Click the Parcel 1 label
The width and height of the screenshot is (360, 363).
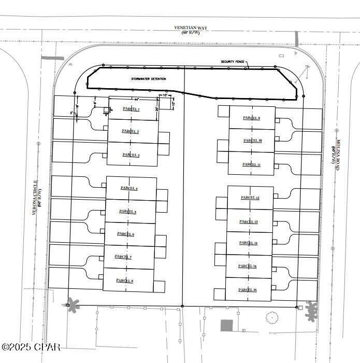pos(131,109)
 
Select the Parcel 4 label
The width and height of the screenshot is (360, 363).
pos(129,188)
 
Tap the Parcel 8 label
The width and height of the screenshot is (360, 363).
pos(125,281)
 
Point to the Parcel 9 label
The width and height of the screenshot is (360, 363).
pos(251,118)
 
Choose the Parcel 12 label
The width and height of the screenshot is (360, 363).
pos(250,198)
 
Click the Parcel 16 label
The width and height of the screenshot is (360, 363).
pos(248,289)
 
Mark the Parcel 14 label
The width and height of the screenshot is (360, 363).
pos(249,243)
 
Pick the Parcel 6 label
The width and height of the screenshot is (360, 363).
pos(126,234)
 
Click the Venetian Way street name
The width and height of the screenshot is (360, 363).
pos(188,31)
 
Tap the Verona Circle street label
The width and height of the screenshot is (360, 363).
pos(37,197)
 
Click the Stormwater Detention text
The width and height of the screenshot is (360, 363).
pos(145,79)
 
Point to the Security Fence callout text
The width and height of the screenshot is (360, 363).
pos(232,62)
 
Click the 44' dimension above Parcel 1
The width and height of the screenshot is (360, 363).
pos(136,99)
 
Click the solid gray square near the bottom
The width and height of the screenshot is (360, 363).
pos(226,326)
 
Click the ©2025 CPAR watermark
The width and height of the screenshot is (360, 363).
pos(31,346)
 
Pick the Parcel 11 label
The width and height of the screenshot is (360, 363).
pos(251,164)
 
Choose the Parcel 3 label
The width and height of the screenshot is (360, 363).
pos(131,155)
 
